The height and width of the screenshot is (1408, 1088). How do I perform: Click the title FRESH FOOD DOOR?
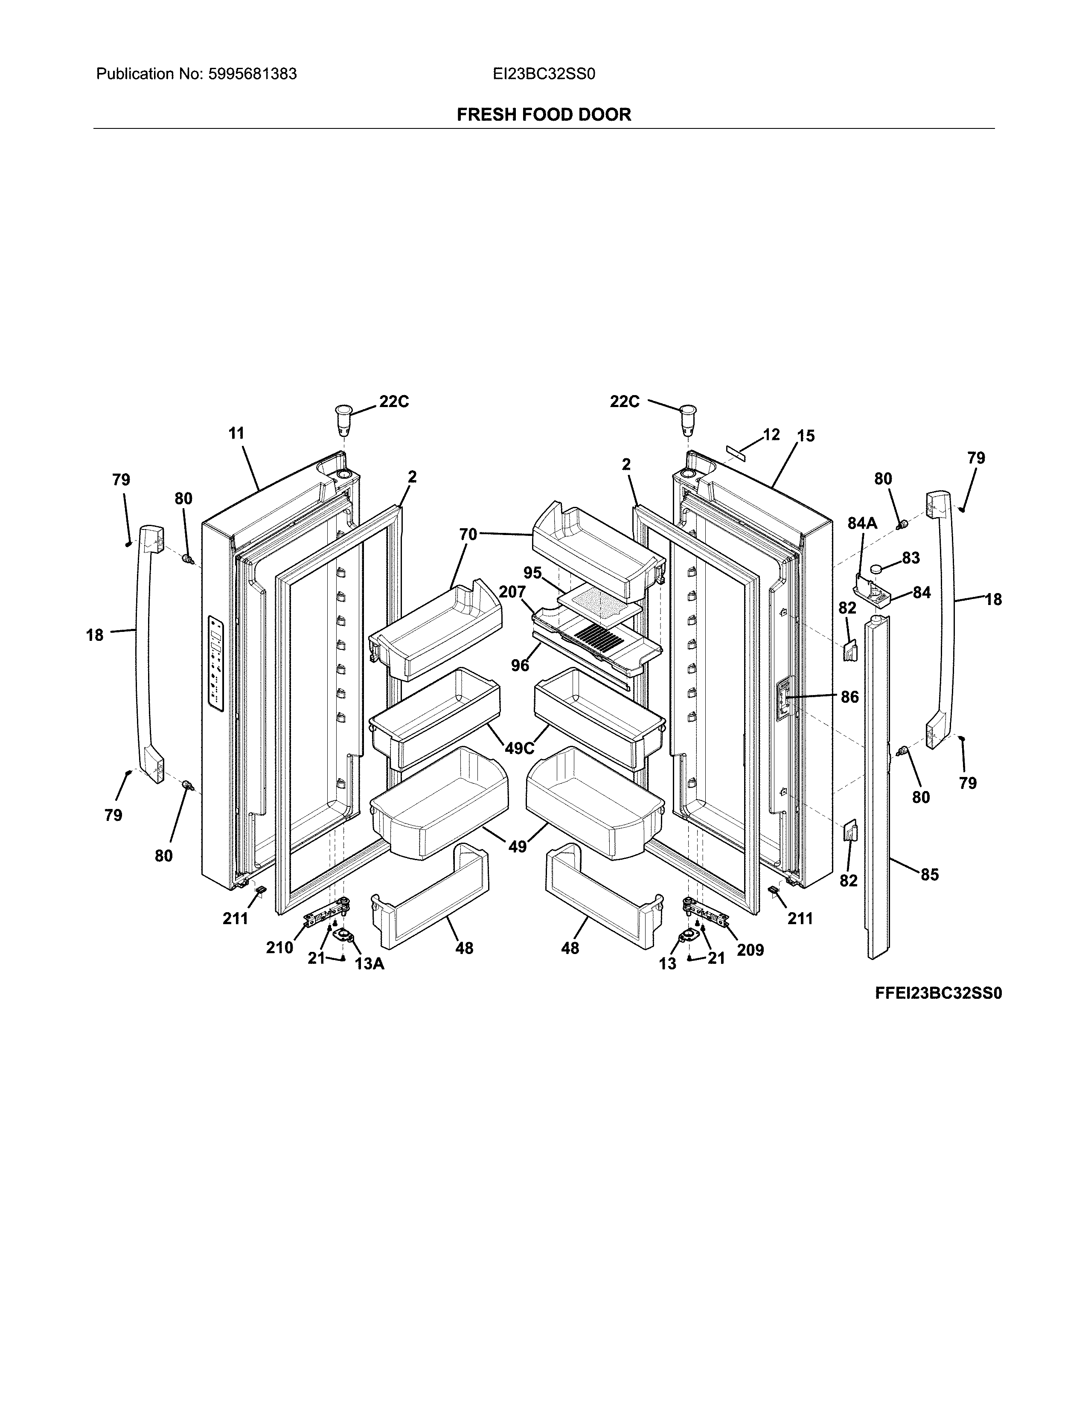pos(543,115)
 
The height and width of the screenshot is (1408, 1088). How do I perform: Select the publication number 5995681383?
pos(252,74)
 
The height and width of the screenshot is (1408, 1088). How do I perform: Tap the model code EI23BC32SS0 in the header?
pos(543,74)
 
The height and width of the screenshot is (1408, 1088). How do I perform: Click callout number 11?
pos(236,433)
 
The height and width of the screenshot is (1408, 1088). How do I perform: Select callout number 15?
pos(806,436)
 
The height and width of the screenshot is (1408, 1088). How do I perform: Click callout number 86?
pos(849,696)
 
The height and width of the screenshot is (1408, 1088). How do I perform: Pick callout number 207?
pos(512,592)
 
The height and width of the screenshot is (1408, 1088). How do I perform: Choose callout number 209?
pos(750,950)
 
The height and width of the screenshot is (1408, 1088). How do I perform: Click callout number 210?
pos(280,947)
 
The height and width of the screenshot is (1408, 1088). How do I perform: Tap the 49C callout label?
pos(520,748)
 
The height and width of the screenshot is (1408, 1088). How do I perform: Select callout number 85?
pos(929,875)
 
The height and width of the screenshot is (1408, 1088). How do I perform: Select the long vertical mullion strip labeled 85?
pos(877,786)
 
